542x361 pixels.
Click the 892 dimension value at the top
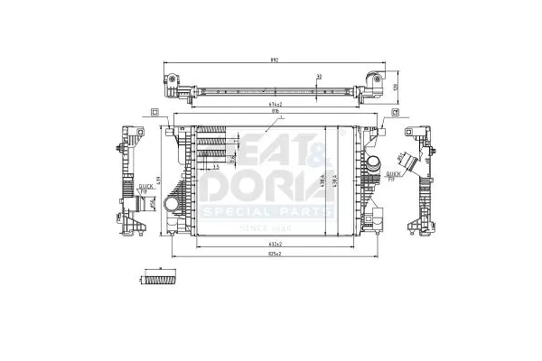pos(275,60)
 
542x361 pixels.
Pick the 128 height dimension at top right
pos(396,87)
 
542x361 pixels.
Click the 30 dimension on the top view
pos(319,77)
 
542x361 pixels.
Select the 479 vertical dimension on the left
pos(159,180)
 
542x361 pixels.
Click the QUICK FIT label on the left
pos(145,189)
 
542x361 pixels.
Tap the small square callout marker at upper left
pos(154,112)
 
